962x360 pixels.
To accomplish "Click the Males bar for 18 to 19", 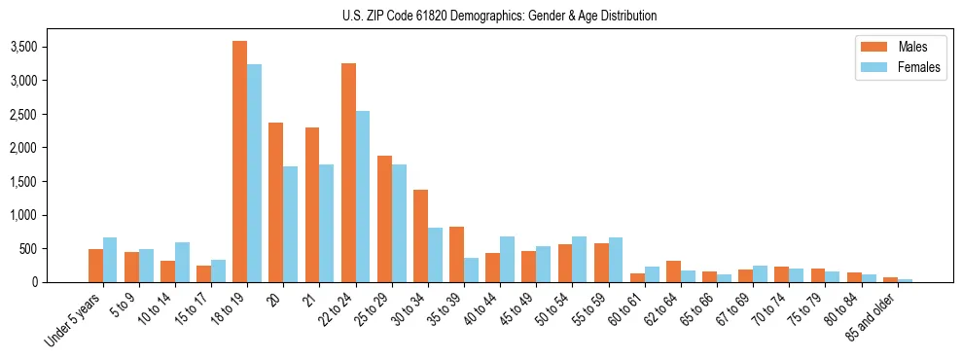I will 239,162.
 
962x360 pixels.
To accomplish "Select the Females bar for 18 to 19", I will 254,173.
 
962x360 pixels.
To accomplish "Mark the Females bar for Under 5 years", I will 110,260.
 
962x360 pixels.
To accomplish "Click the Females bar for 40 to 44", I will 508,259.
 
